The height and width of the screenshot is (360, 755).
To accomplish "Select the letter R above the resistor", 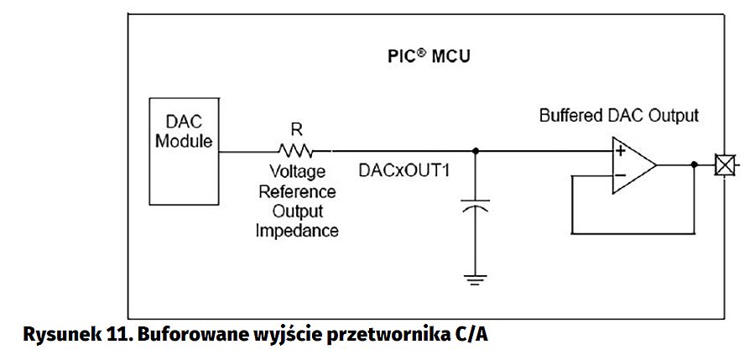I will (x=296, y=129).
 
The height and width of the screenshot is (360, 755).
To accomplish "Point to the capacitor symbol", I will (x=476, y=206).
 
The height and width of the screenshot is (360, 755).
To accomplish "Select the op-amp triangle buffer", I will (x=634, y=164).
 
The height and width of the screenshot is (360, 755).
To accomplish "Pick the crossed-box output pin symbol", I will (x=722, y=164).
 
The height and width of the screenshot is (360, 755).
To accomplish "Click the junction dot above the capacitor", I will (x=476, y=151).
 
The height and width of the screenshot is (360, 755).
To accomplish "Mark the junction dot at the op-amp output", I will (x=694, y=164).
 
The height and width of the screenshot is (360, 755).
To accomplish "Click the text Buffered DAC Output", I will (x=618, y=115).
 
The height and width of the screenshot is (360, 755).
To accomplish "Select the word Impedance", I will (x=297, y=230).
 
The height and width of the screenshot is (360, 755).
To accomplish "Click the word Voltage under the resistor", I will (x=296, y=172).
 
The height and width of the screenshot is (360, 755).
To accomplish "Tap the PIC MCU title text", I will (x=429, y=58).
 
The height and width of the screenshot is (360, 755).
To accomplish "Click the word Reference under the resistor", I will (x=297, y=191).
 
